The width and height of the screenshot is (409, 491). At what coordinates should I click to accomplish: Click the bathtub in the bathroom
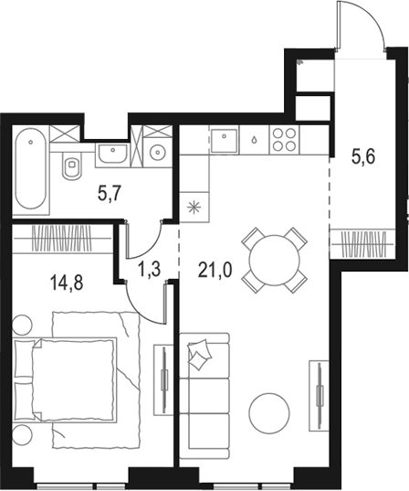coord(31,170)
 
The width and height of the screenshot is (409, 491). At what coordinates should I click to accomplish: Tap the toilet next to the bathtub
coord(70,165)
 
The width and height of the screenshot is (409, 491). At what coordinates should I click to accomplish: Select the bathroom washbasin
coord(114,154)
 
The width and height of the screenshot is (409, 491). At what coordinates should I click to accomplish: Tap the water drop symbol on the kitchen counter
coord(253,142)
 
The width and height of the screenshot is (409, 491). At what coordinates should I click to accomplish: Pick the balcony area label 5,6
coord(363,156)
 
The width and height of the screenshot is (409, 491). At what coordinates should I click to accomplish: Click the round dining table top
coord(270,259)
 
